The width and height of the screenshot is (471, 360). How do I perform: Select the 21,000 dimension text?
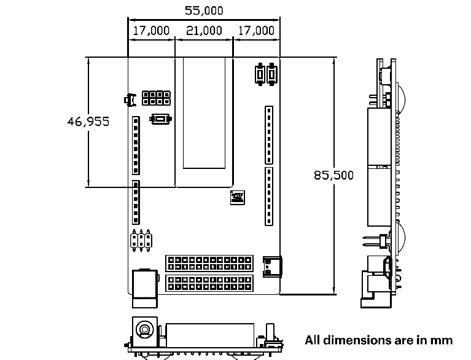click(204, 31)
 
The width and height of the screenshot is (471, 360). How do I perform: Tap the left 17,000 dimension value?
click(151, 31)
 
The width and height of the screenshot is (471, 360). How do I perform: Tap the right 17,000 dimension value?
click(255, 31)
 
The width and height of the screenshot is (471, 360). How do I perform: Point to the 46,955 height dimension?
click(88, 122)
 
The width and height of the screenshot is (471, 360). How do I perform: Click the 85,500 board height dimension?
click(333, 176)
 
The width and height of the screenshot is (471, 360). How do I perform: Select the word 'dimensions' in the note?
click(356, 340)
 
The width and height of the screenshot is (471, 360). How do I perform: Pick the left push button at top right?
click(260, 74)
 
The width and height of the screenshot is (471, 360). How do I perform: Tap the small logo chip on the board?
click(237, 198)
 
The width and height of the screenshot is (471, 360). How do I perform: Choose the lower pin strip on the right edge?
click(268, 197)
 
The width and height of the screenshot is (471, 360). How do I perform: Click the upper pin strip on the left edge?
click(136, 145)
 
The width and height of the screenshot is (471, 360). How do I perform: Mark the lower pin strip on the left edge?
click(136, 202)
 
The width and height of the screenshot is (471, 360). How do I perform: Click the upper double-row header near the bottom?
click(209, 263)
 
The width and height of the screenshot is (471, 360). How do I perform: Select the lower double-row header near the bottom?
click(209, 284)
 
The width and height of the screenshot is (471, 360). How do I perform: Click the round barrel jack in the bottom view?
click(144, 330)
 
